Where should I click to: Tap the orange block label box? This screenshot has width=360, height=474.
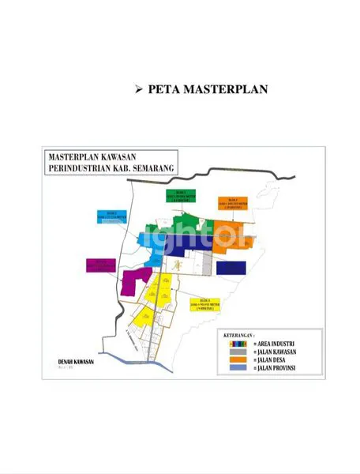pos(233,204)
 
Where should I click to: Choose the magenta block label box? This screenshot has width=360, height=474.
pos(100,265)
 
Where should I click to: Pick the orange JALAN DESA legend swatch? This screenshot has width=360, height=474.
pos(234,359)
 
